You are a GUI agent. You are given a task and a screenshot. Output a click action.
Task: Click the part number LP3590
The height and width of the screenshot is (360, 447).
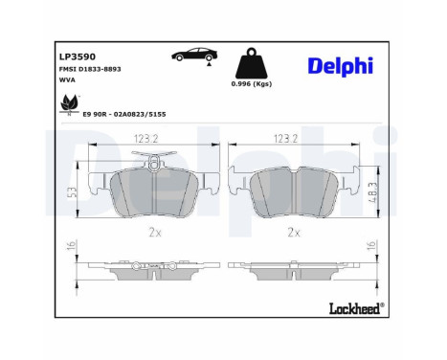[x=78, y=56]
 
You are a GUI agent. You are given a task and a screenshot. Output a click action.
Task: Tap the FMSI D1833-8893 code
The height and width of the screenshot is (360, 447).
[x=90, y=69]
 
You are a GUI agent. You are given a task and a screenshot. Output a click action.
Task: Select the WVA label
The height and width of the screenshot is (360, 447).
[x=67, y=79]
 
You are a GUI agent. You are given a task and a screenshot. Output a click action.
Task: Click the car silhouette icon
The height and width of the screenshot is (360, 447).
[x=194, y=55]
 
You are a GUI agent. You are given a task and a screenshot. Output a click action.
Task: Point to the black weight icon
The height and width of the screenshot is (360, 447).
[x=251, y=63]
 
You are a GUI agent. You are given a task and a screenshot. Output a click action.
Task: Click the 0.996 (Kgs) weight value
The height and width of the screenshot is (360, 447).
[x=252, y=84]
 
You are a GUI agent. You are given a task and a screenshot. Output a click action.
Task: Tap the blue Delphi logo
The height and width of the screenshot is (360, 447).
[x=341, y=66]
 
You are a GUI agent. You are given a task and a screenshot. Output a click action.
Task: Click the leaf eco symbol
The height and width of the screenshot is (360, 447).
[x=69, y=103]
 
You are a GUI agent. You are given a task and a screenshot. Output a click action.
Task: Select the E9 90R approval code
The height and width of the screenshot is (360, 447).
[x=124, y=114]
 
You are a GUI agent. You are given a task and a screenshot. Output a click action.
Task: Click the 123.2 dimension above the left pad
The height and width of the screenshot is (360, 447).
[x=146, y=139]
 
